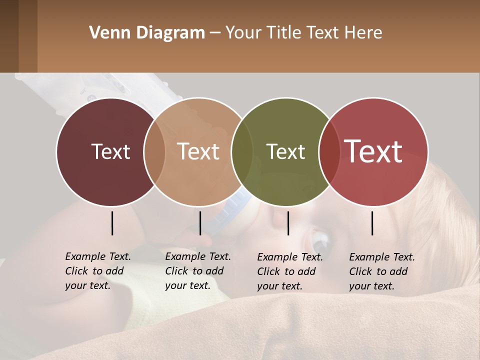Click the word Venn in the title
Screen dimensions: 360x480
106,33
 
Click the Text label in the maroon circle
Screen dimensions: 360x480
110,151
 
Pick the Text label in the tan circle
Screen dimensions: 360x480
198,151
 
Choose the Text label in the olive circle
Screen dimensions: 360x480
286,151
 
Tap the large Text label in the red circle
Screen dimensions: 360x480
373,151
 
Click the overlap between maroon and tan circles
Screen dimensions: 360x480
154,151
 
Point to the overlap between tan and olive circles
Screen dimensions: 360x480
242,151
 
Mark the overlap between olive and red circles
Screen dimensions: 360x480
329,151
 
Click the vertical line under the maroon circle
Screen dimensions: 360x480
112,223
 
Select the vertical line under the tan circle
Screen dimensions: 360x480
200,223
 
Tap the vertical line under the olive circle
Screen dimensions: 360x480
288,223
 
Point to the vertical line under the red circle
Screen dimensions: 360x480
372,223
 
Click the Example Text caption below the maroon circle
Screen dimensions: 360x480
97,271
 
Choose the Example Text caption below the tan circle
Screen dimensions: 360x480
197,271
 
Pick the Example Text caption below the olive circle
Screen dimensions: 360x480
289,271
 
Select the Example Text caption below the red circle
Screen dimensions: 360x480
381,271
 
